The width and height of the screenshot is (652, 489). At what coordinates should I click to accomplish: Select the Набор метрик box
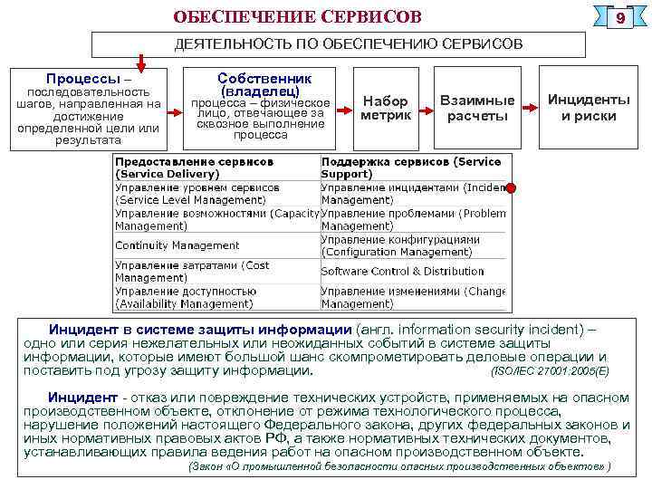[x=385, y=108]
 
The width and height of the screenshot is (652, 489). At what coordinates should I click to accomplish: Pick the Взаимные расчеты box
[x=477, y=108]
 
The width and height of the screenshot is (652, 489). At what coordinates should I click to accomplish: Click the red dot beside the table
[x=512, y=188]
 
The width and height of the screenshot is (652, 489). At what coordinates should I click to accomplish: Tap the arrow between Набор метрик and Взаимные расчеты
[x=427, y=109]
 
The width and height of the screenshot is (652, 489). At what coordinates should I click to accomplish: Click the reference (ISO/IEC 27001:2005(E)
[x=550, y=371]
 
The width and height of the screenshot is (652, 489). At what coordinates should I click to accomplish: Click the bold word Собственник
[x=264, y=79]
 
